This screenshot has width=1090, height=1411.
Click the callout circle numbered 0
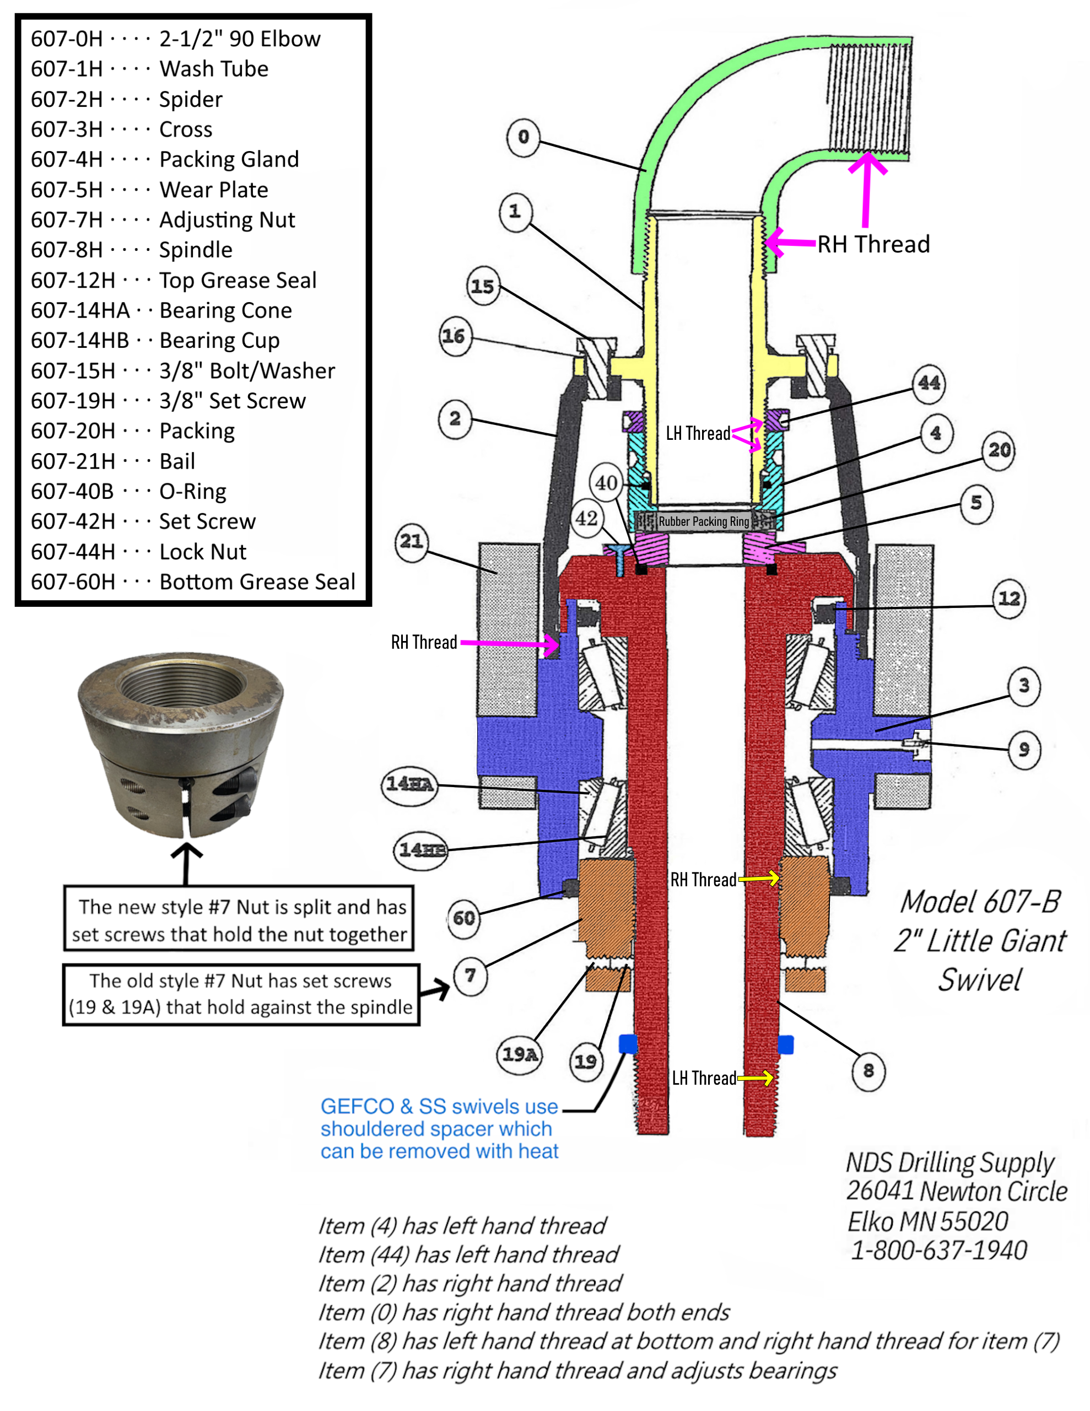point(523,136)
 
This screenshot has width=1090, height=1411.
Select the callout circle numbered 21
point(412,541)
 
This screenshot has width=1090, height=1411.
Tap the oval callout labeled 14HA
point(409,785)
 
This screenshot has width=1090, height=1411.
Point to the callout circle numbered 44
point(929,383)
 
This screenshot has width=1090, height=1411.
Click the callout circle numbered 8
point(868,1071)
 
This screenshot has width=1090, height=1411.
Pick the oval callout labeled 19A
point(520,1054)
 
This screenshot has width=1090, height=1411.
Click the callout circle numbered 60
point(464,918)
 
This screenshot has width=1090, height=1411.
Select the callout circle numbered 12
point(1009,599)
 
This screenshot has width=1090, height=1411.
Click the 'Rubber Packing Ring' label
point(704,521)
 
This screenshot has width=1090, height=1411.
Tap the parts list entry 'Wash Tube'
point(213,68)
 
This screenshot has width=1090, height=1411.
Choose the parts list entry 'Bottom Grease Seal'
point(257,582)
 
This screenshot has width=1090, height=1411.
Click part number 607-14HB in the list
point(80,341)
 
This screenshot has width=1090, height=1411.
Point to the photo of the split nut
point(180,743)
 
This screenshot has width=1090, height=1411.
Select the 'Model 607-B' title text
point(980,903)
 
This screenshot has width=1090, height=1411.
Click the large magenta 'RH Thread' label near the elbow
point(873,244)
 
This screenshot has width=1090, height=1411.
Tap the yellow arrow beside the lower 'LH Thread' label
point(756,1078)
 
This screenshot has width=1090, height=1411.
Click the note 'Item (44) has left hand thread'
point(468,1254)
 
